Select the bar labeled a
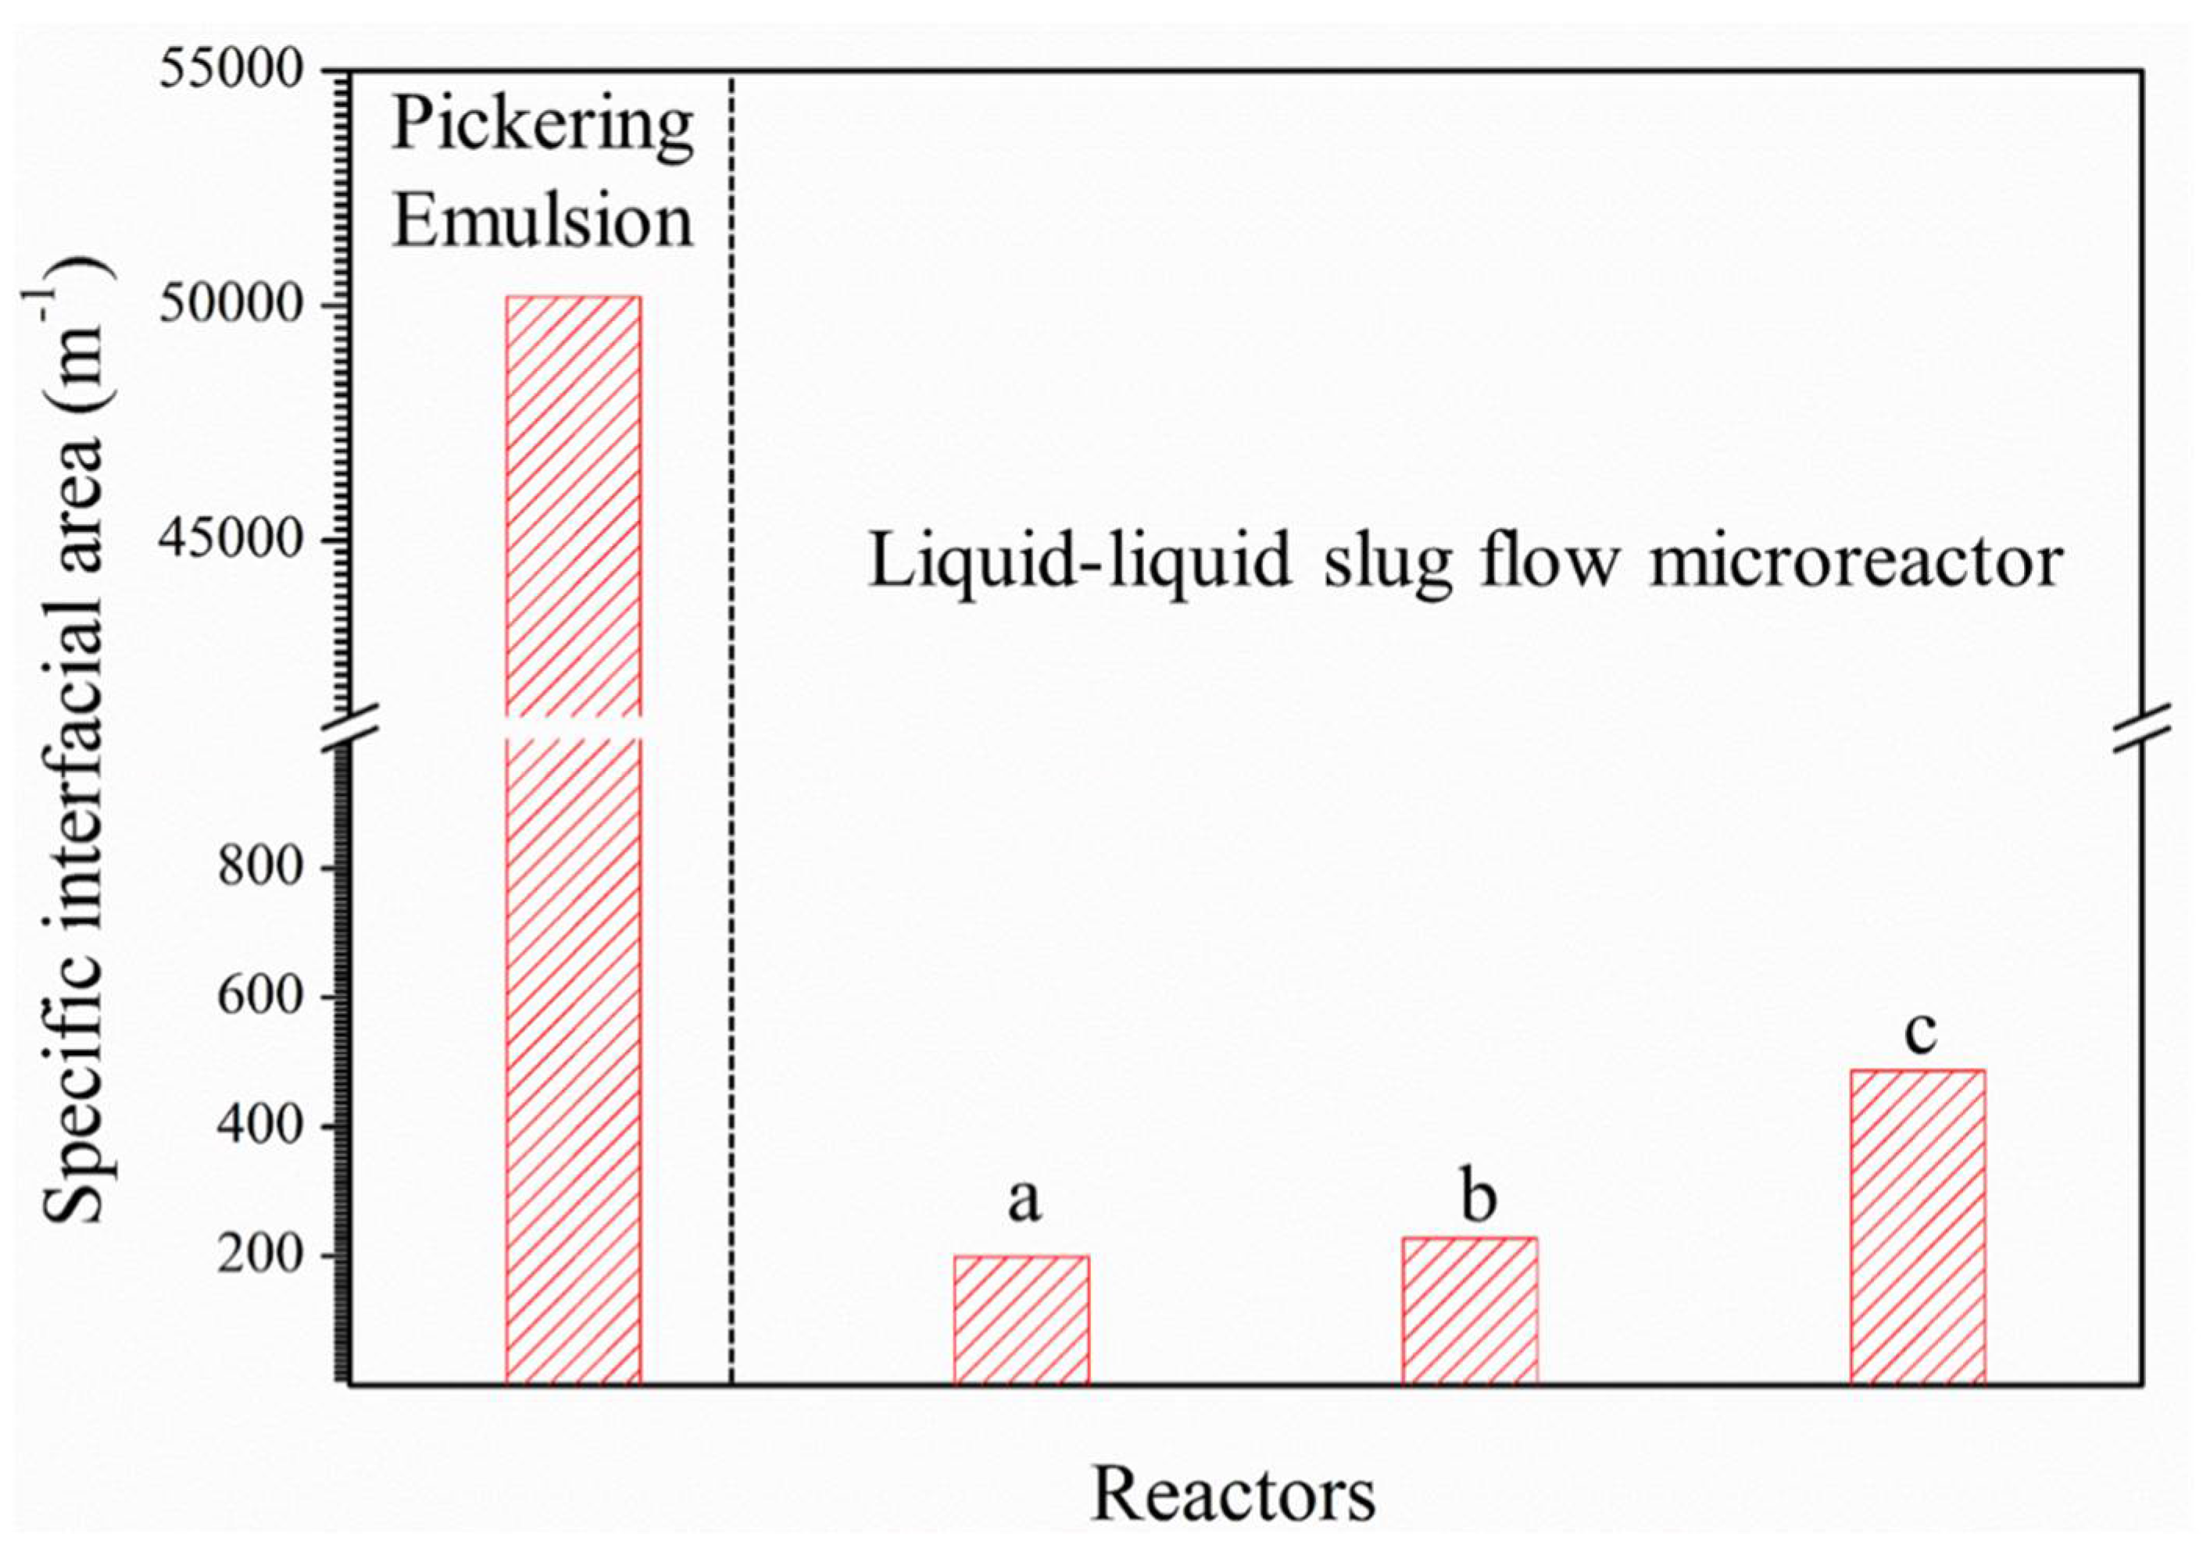(1021, 1320)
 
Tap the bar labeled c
(1917, 1227)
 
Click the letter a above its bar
(1023, 1200)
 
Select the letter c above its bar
(1920, 1033)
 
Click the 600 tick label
(260, 998)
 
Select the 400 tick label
(260, 1127)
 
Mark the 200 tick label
(260, 1257)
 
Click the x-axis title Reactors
(1234, 1494)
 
